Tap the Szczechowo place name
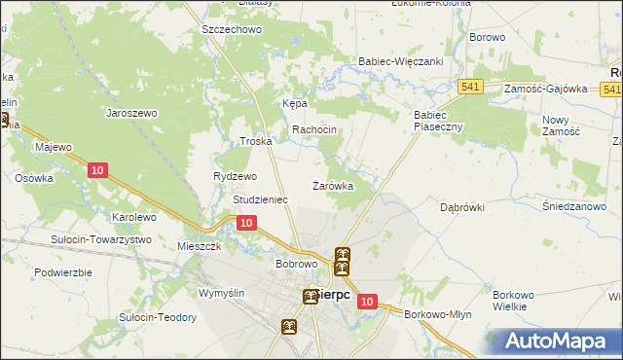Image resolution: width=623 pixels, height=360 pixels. [233, 30]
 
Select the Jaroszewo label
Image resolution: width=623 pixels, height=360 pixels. [132, 113]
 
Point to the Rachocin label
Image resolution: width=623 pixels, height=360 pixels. [314, 130]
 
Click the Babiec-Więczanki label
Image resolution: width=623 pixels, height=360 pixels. [401, 60]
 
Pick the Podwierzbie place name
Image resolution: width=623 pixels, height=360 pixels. [63, 272]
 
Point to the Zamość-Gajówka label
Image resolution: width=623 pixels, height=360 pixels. [546, 89]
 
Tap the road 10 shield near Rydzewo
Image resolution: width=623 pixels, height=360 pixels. [96, 170]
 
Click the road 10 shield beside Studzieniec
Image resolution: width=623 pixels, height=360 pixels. [246, 223]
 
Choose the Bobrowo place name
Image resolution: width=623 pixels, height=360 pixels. [298, 264]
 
